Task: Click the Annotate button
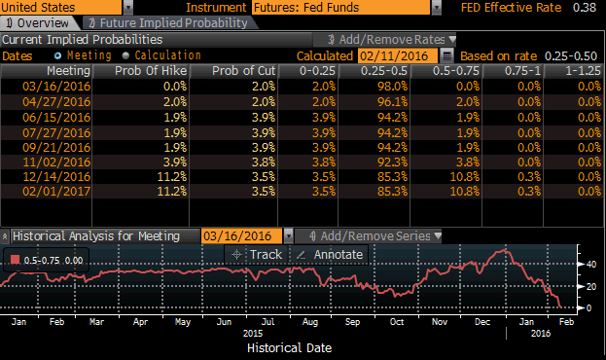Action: pos(330,254)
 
